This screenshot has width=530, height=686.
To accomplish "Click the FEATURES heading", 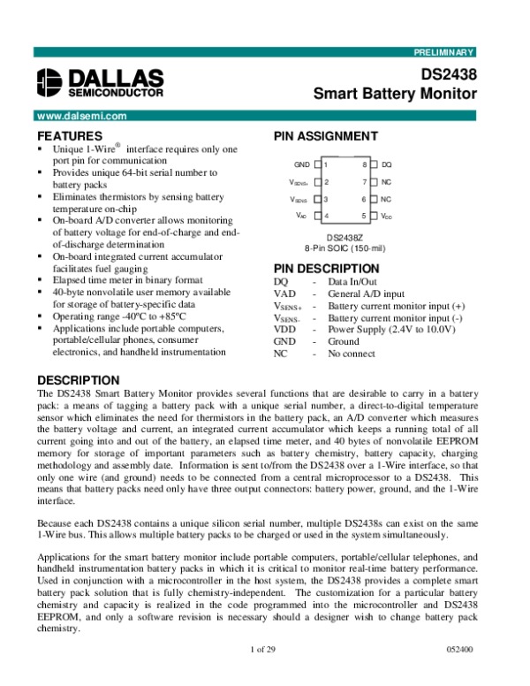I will click(x=69, y=136).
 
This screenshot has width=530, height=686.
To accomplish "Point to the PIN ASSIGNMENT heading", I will click(x=326, y=136).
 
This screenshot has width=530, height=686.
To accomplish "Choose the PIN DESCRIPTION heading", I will click(x=327, y=269).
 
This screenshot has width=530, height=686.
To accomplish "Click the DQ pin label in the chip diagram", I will click(x=386, y=165).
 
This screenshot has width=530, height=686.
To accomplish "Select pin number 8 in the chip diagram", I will click(x=363, y=165).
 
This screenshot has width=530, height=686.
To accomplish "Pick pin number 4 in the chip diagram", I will click(x=326, y=216).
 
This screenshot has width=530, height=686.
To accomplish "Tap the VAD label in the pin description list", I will click(x=284, y=293).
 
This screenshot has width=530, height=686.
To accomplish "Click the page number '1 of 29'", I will click(x=263, y=675).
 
